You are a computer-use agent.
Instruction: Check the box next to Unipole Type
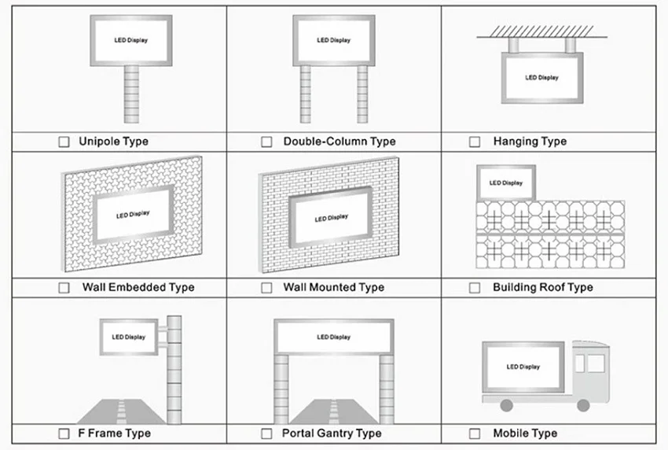pos(64,142)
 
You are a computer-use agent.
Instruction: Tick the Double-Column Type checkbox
pos(266,142)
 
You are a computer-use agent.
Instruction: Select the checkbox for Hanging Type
pos(475,142)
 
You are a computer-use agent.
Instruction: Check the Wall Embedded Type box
pos(64,288)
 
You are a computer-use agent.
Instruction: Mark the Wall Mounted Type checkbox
pos(266,288)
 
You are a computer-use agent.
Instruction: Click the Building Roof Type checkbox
pos(475,288)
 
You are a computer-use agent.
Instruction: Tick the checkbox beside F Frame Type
pos(64,433)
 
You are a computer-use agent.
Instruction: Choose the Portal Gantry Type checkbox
pos(266,433)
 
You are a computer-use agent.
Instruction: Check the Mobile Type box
pos(475,433)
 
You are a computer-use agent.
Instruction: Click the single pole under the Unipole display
pos(131,94)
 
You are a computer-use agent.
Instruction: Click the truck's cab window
pos(596,363)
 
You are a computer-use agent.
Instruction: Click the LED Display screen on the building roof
pos(505,183)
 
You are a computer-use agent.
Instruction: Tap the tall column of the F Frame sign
pos(174,370)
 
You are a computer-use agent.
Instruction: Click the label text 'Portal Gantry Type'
pos(332,433)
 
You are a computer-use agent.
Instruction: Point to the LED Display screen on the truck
pos(523,367)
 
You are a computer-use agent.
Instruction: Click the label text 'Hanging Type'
pos(530,142)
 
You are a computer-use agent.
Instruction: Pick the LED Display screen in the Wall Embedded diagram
pos(133,214)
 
